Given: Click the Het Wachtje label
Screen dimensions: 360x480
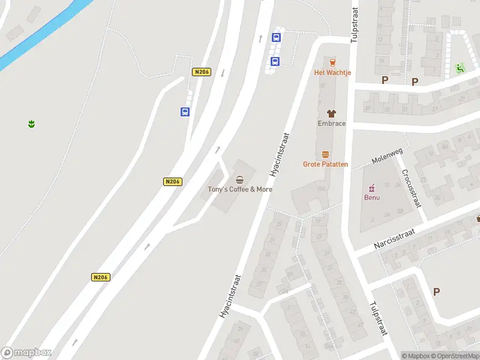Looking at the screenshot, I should pyautogui.click(x=332, y=73).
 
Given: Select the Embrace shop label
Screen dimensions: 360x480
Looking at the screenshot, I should pyautogui.click(x=331, y=124).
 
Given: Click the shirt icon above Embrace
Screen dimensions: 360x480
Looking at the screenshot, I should pyautogui.click(x=331, y=113).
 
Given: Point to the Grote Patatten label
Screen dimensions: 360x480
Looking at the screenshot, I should pyautogui.click(x=325, y=164).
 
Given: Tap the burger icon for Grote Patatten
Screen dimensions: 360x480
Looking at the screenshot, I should pyautogui.click(x=326, y=154).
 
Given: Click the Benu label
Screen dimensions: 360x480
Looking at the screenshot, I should pyautogui.click(x=372, y=197).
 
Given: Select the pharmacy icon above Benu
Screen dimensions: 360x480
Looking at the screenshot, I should pyautogui.click(x=372, y=187).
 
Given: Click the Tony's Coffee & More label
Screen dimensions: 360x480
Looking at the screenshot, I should pyautogui.click(x=240, y=189).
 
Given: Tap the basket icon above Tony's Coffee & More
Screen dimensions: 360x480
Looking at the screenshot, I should pyautogui.click(x=240, y=179).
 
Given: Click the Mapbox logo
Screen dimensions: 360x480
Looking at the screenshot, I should pyautogui.click(x=26, y=353).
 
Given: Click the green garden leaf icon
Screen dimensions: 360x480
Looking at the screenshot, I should pyautogui.click(x=31, y=124).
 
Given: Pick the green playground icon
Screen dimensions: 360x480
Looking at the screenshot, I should pyautogui.click(x=460, y=68).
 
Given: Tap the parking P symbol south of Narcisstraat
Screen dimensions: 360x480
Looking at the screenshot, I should pyautogui.click(x=436, y=292).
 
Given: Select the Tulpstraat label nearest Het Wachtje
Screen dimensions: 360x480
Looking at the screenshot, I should pyautogui.click(x=354, y=27).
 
